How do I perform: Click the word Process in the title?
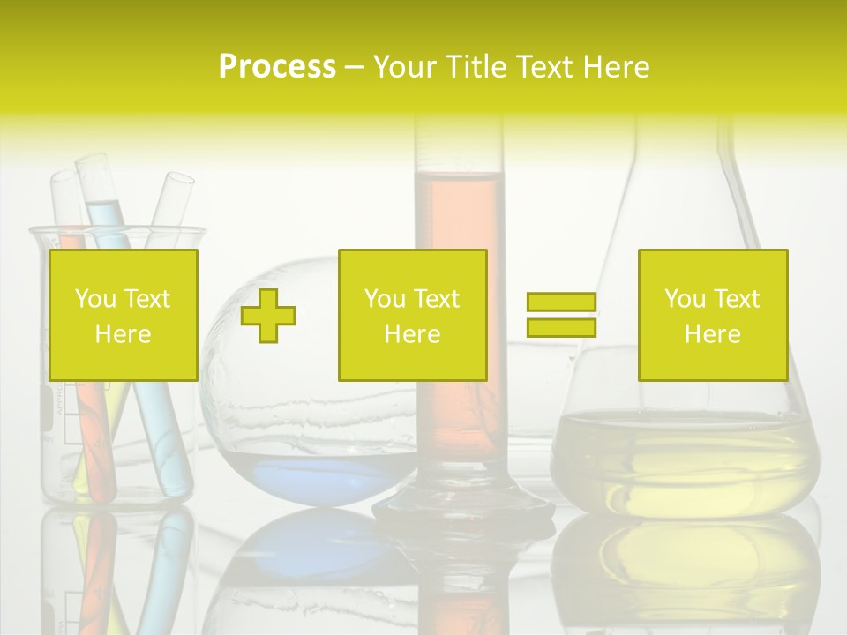point(277,67)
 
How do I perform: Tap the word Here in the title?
point(616,67)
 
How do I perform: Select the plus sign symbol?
point(268,315)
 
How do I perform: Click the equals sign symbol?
point(561,315)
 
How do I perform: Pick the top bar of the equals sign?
point(561,303)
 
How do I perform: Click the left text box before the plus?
point(123,315)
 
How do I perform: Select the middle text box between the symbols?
point(412,315)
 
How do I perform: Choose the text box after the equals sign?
point(712,315)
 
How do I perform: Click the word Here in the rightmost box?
point(712,334)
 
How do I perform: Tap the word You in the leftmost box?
point(95,299)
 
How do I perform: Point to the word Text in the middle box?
point(438,299)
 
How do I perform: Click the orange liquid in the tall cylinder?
point(459,212)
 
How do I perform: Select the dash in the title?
point(355,67)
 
